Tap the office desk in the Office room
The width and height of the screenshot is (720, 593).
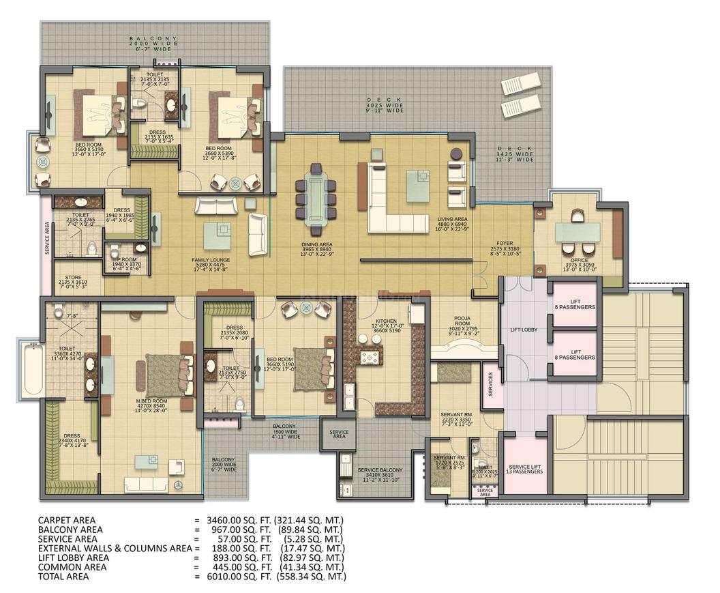point(577,233)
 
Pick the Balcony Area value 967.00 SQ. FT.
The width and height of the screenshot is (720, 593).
point(232,529)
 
